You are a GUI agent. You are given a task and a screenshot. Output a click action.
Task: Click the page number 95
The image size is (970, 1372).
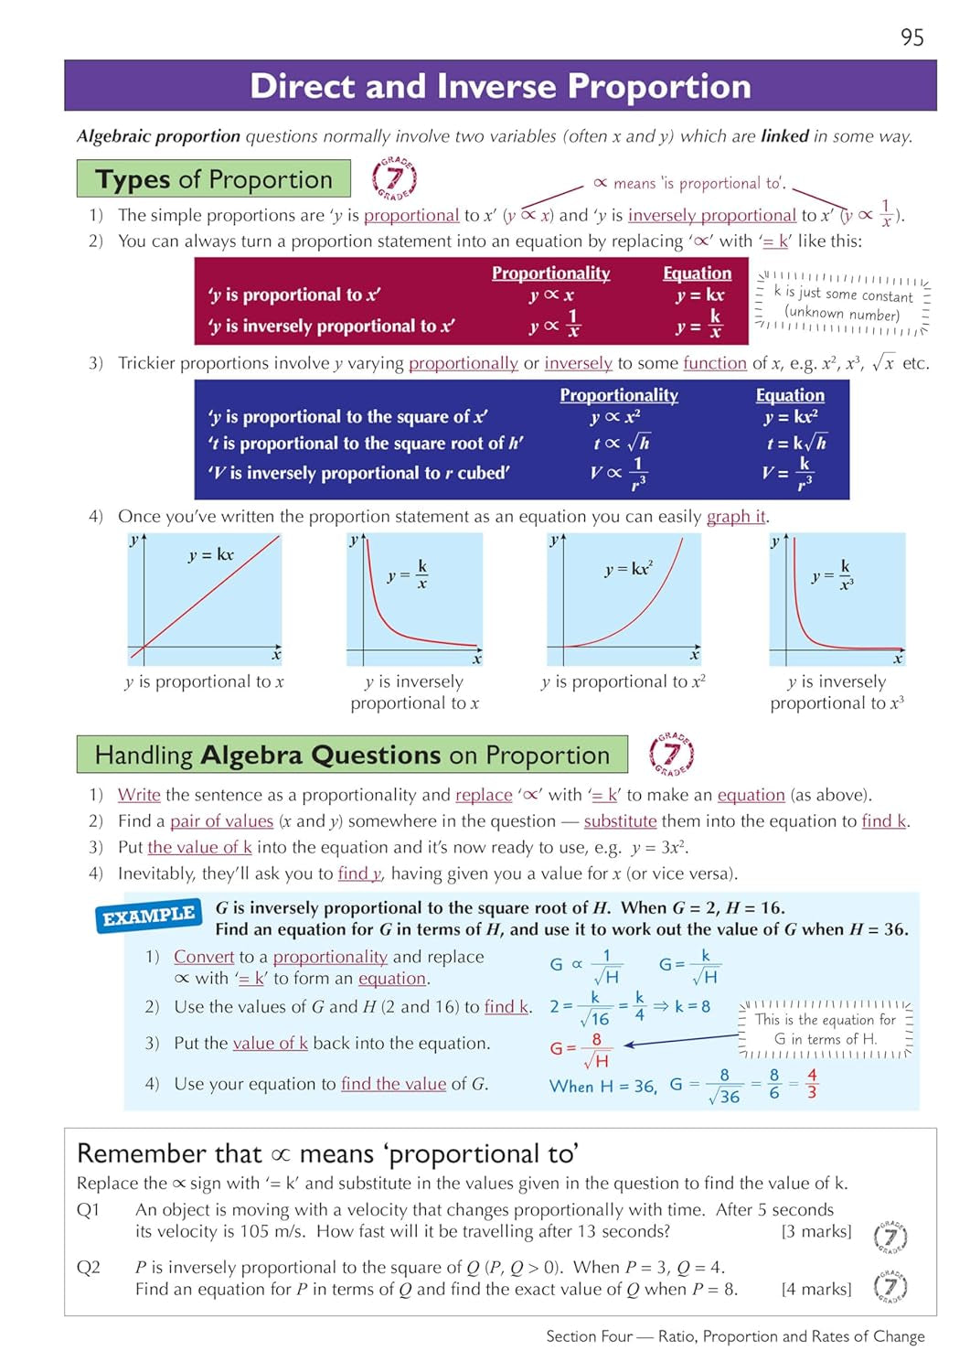point(911,38)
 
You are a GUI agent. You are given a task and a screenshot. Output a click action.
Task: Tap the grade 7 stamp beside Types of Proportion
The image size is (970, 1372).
point(394,178)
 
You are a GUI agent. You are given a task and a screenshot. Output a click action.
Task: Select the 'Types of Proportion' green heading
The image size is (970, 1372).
point(213,179)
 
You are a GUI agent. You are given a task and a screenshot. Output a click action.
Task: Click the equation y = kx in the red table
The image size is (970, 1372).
point(700,295)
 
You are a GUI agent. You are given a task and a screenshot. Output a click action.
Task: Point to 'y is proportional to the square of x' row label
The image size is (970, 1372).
point(347,417)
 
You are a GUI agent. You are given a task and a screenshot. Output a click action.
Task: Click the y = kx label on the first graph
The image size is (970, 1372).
point(211,555)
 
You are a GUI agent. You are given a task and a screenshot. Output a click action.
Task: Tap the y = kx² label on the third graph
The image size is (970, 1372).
point(628,569)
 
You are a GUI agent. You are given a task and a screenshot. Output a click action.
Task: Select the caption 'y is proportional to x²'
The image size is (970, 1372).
point(623,681)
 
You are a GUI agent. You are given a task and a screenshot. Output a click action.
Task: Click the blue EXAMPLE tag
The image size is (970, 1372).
point(148,916)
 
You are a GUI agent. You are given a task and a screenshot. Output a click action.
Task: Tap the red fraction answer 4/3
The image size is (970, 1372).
point(812,1084)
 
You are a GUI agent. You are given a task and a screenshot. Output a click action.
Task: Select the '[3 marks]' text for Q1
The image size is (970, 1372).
point(815,1231)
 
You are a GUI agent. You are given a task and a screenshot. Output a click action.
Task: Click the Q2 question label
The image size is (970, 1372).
point(89,1268)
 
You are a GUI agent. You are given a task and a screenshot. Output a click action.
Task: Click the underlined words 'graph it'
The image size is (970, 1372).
point(736,517)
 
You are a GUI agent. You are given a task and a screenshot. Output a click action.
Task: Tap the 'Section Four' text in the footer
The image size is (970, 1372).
point(589,1336)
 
